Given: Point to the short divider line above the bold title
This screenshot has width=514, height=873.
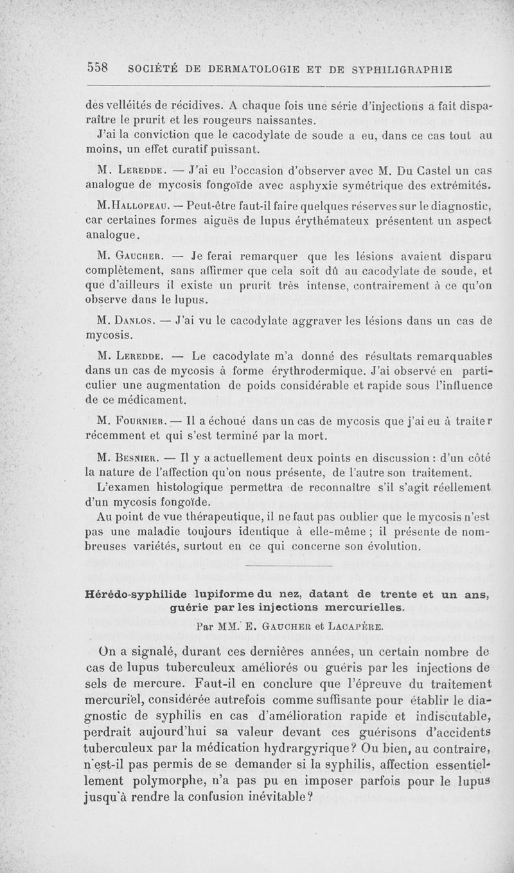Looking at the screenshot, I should coord(288,565).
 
